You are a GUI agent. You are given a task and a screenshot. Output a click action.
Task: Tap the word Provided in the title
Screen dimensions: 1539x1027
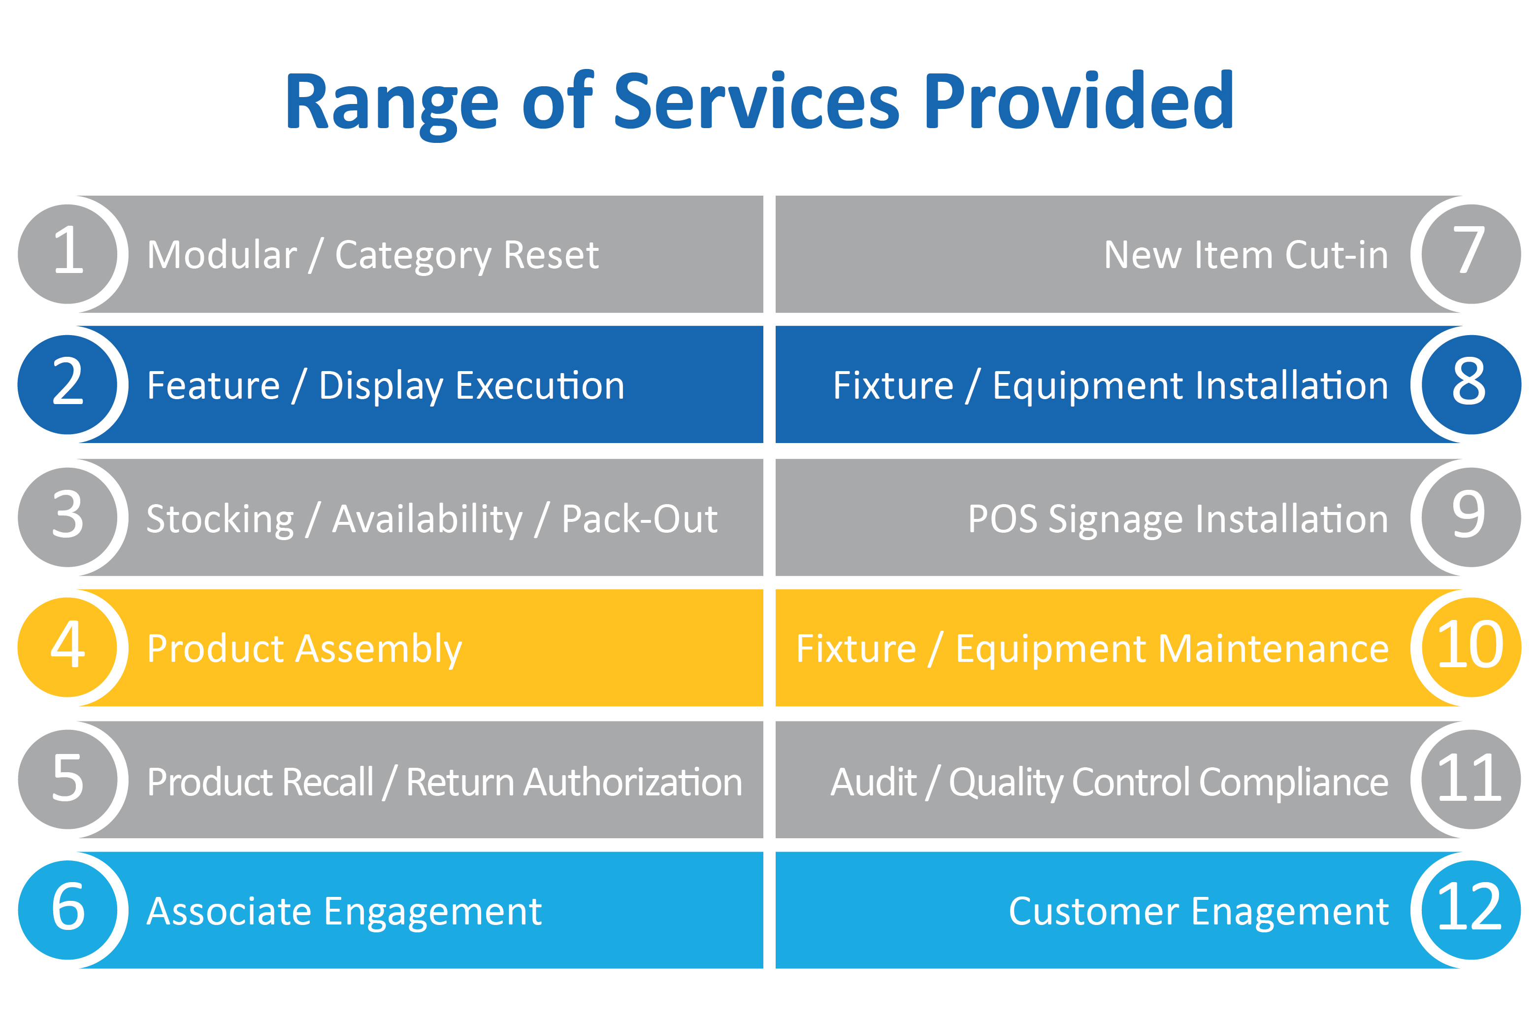(1079, 100)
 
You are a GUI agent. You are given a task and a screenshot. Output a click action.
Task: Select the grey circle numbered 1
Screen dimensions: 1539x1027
(67, 254)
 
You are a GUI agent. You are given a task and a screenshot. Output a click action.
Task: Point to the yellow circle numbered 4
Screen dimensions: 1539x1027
(67, 647)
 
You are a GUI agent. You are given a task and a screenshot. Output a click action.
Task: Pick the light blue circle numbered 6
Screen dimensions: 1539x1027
(67, 910)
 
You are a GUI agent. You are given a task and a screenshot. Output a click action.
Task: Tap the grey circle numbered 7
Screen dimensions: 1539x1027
(1471, 254)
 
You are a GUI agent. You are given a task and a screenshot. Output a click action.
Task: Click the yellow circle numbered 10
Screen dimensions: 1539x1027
(1471, 647)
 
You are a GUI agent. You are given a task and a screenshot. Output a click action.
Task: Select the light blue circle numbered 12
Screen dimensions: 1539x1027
(1471, 910)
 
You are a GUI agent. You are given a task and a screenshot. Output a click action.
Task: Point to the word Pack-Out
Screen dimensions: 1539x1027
(640, 519)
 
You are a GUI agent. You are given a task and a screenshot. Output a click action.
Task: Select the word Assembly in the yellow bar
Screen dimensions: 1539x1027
(379, 650)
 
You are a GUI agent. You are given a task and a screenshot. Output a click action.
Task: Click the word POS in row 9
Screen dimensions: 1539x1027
(1003, 519)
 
